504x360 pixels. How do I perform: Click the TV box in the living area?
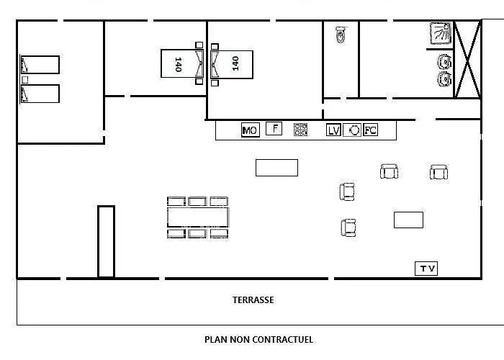pos(426,269)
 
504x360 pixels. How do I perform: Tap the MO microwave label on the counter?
pos(251,130)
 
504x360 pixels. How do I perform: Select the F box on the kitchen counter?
pos(274,129)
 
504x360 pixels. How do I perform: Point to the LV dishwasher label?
pos(333,130)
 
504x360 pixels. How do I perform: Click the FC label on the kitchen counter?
pos(370,130)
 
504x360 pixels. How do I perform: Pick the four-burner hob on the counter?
pos(300,129)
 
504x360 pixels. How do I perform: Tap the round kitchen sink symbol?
pos(352,130)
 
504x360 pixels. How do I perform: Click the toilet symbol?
pos(341,35)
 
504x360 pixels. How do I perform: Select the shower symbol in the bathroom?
pos(441,33)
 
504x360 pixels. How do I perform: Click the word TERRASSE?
pos(253,300)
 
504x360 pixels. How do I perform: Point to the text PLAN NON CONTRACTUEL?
pos(258,339)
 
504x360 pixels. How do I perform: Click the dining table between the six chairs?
pos(198,217)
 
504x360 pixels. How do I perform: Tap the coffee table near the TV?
pos(408,220)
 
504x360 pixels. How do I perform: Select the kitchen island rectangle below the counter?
pos(276,168)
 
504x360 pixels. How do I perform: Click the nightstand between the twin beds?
pos(24,79)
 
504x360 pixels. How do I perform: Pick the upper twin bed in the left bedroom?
pos(40,65)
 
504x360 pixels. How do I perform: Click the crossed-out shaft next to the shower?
pos(468,60)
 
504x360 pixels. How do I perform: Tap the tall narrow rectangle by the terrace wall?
pos(106,241)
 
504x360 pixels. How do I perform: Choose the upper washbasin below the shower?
pos(444,62)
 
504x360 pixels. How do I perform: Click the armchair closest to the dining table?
pos(347,192)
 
